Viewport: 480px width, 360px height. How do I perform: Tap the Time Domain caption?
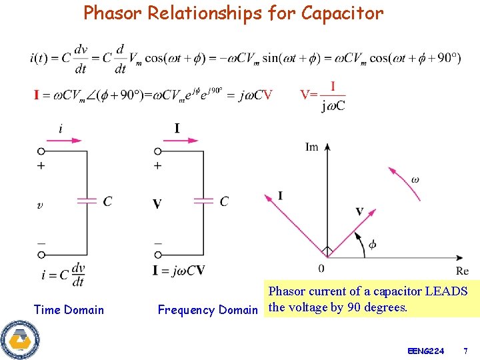[x=69, y=309]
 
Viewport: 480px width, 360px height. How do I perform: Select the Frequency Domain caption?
[x=207, y=309]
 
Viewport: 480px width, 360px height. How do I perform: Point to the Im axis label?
[x=312, y=147]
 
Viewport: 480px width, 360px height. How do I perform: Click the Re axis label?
[x=462, y=271]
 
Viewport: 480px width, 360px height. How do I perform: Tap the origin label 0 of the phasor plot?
[x=321, y=268]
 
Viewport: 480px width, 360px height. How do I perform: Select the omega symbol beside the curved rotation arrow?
[x=415, y=179]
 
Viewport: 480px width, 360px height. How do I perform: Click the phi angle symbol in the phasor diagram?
[x=372, y=245]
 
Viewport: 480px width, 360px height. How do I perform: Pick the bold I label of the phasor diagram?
[x=280, y=195]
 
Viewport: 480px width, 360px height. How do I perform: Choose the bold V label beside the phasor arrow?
[x=359, y=211]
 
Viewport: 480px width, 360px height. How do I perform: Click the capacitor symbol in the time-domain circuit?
[x=87, y=201]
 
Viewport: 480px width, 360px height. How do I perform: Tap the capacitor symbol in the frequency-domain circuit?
[x=203, y=201]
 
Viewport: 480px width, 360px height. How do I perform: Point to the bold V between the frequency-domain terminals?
[x=157, y=204]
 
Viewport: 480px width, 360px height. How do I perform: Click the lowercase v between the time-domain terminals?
[x=41, y=205]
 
